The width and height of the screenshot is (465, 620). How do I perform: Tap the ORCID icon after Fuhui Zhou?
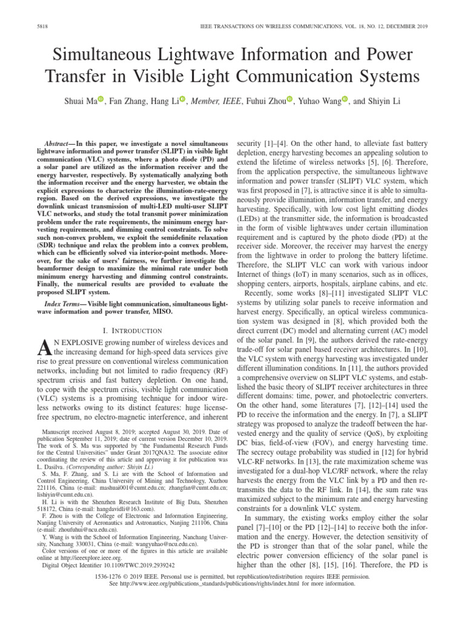coord(289,99)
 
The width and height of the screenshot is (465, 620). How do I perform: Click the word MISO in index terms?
coord(160,311)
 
